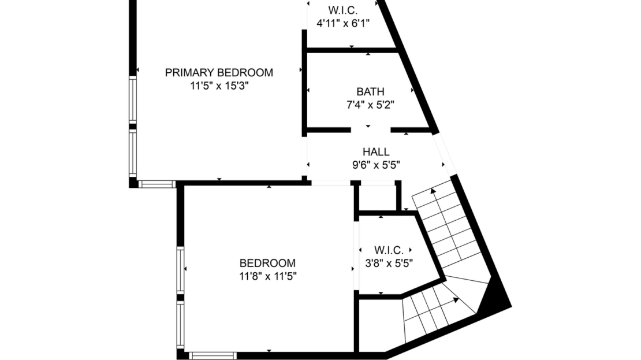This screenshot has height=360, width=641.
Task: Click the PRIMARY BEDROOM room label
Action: pos(219,73)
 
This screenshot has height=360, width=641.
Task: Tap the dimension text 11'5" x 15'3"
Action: pos(219,86)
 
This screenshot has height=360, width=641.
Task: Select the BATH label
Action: pos(370,92)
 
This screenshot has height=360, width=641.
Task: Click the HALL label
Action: pos(376,152)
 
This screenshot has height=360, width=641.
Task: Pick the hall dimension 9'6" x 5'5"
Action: pos(376,165)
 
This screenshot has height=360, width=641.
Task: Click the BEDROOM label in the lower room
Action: pos(267,263)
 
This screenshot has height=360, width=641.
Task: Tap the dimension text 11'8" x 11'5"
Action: pos(267,276)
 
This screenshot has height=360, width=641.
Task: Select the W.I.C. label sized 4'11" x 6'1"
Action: pos(343,10)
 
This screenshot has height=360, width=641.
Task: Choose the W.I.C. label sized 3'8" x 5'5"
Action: pos(389,250)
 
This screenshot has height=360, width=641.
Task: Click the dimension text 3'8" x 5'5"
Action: pos(389,263)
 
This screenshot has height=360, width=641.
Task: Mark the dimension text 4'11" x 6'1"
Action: pos(343,23)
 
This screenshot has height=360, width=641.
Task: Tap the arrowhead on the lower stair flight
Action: pos(456,300)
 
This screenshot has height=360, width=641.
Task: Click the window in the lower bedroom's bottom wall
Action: pos(213,355)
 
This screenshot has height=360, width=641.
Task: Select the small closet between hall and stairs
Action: pos(377,198)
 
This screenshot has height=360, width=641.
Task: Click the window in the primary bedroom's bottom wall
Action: pos(156,184)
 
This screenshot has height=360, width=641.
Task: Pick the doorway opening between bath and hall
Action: pos(368,131)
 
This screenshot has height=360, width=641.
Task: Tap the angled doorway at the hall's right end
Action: pos(445,153)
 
